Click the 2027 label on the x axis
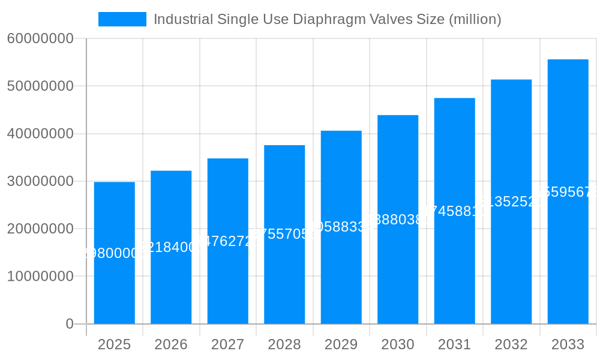[x=227, y=344]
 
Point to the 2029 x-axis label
[x=341, y=344]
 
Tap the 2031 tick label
[x=454, y=344]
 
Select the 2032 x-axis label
[x=511, y=344]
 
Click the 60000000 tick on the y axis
[x=40, y=39]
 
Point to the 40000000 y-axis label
[x=40, y=134]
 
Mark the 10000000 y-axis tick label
[x=40, y=277]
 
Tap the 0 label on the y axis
[x=70, y=324]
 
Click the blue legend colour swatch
[x=122, y=19]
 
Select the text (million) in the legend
[x=475, y=19]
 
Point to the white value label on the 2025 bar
[x=114, y=253]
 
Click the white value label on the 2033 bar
[x=568, y=192]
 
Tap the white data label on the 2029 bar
[x=341, y=227]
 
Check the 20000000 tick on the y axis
[x=40, y=229]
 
